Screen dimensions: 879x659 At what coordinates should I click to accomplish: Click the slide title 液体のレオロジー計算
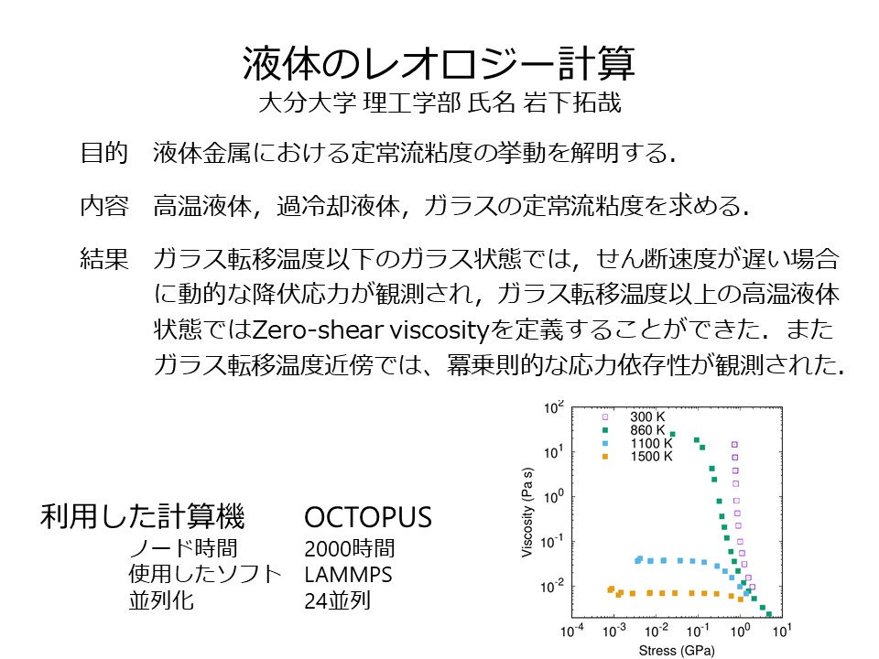[x=439, y=63]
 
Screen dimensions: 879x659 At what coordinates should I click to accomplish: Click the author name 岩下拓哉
[x=572, y=103]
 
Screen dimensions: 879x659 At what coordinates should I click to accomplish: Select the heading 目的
[x=104, y=153]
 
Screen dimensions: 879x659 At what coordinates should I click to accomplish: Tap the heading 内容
[x=104, y=206]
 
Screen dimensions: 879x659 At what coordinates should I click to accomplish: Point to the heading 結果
[x=104, y=259]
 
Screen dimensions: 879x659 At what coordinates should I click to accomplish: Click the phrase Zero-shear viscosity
[x=371, y=330]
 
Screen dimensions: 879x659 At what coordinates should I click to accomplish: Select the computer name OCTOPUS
[x=368, y=517]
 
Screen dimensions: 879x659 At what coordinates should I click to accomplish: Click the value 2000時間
[x=349, y=548]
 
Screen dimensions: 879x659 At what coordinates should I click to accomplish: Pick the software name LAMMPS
[x=348, y=575]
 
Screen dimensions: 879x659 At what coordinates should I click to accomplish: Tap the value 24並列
[x=338, y=600]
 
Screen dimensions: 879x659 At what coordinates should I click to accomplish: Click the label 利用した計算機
[x=143, y=516]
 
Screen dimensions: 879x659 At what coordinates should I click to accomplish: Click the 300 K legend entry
[x=634, y=416]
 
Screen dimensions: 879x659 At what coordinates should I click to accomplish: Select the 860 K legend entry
[x=634, y=430]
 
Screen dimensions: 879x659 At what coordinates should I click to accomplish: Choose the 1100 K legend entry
[x=637, y=443]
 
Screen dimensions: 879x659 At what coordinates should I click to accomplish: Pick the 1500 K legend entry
[x=637, y=457]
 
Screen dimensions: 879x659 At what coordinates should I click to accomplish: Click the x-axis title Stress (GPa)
[x=677, y=651]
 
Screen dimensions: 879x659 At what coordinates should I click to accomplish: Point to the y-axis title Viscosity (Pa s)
[x=527, y=513]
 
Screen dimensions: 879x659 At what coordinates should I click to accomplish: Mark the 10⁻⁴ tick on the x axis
[x=571, y=631]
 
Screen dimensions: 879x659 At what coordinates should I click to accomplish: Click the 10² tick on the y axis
[x=553, y=408]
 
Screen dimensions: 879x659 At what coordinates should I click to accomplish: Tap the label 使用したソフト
[x=204, y=575]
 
